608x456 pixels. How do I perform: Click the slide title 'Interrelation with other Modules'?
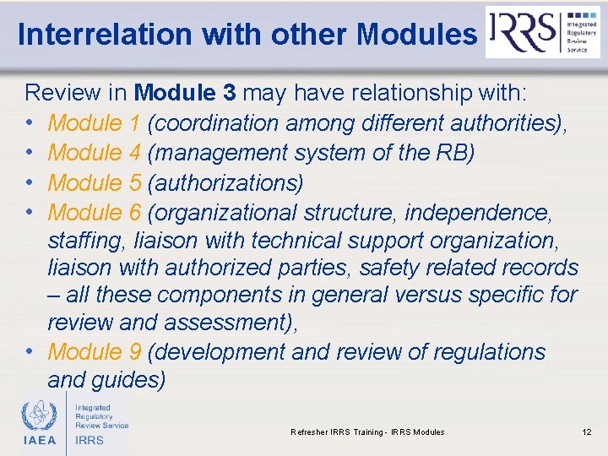coord(247,34)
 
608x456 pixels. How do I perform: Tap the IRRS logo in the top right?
coord(542,32)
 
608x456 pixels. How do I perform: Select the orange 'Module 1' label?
coord(94,123)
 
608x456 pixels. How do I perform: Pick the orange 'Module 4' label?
coord(94,153)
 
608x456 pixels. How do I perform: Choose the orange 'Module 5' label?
coord(94,182)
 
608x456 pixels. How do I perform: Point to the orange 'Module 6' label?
coord(94,212)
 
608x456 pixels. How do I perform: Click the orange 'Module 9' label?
coord(94,351)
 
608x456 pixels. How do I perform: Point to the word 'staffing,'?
coord(85,240)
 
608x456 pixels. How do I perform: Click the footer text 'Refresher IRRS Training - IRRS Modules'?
coord(367,432)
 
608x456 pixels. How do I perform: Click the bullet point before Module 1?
coord(30,123)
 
